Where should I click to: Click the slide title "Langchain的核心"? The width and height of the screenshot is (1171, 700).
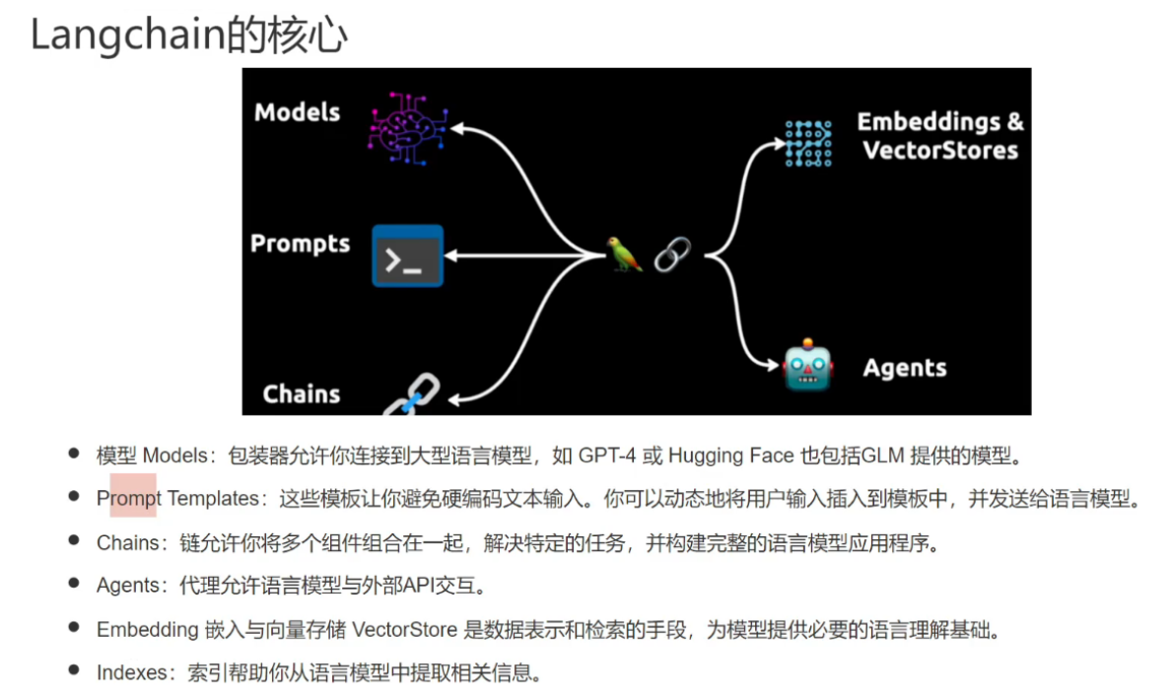click(x=188, y=35)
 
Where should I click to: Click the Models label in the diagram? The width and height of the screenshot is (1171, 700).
click(x=297, y=112)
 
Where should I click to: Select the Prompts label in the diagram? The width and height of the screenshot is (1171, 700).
click(x=300, y=244)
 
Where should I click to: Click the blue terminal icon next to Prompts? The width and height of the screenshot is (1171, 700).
click(x=407, y=256)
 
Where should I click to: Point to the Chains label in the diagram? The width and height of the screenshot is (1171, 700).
click(x=301, y=394)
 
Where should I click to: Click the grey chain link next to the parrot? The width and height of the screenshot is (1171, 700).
click(x=672, y=254)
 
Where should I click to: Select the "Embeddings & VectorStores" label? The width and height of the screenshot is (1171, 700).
click(x=939, y=136)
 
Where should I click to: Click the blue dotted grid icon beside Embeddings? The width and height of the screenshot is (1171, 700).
click(x=808, y=144)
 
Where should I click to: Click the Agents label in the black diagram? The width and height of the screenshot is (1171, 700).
click(x=904, y=369)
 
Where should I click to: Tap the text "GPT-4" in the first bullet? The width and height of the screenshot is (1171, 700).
click(x=605, y=455)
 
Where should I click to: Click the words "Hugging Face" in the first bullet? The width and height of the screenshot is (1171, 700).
click(x=730, y=455)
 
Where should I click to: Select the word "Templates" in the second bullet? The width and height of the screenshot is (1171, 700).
click(x=212, y=499)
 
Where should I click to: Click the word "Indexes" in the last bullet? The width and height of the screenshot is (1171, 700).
click(x=132, y=672)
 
